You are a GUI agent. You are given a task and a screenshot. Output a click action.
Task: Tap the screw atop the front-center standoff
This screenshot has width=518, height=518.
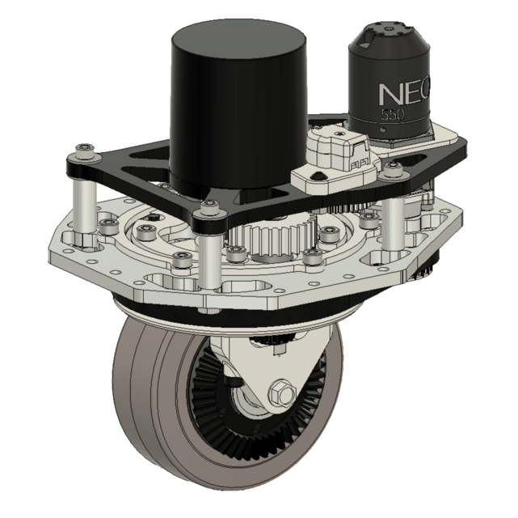pos(209,209)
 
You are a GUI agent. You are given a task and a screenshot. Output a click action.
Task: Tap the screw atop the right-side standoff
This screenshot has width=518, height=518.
pos(394,169)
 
